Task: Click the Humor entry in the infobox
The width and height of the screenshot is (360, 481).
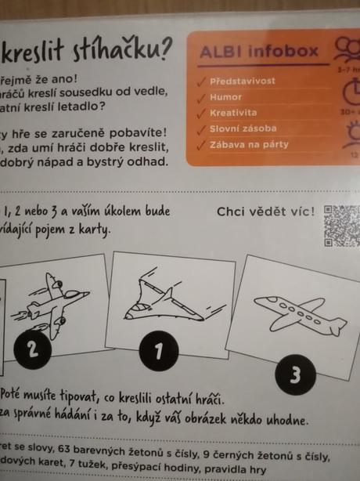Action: (x=227, y=97)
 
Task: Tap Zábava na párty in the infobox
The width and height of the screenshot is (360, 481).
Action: (x=250, y=144)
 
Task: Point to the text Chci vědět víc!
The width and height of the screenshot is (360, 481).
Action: (x=266, y=212)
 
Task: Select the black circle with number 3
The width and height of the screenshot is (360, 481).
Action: (x=295, y=375)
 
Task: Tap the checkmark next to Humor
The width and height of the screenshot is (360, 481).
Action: (x=202, y=97)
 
